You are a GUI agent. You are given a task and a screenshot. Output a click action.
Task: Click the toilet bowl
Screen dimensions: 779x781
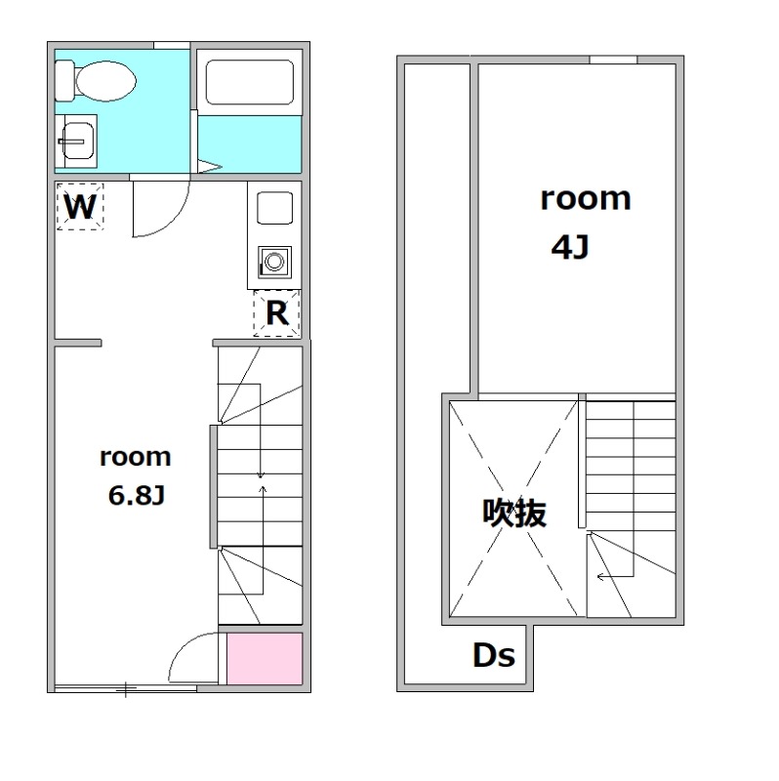click(x=105, y=81)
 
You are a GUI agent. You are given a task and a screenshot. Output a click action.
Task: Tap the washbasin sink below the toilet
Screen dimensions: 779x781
click(x=77, y=142)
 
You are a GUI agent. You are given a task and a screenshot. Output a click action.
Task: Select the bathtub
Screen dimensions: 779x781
click(x=250, y=82)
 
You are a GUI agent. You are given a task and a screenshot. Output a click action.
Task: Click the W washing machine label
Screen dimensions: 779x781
click(x=80, y=207)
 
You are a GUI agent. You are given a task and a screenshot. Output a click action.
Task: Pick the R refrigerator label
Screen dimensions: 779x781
click(x=277, y=313)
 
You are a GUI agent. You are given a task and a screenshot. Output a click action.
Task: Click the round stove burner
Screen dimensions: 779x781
click(x=274, y=261)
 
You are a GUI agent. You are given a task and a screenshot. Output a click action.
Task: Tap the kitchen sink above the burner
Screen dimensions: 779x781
click(x=274, y=208)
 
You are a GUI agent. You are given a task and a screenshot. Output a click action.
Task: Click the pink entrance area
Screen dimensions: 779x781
click(x=265, y=658)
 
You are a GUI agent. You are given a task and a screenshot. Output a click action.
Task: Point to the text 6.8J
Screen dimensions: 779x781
click(x=137, y=496)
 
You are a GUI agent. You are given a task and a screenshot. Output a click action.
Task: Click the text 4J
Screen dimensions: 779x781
click(x=570, y=247)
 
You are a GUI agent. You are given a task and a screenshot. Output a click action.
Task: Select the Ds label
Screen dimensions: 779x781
click(x=494, y=655)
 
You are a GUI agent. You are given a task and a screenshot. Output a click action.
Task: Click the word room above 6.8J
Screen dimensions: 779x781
click(x=136, y=457)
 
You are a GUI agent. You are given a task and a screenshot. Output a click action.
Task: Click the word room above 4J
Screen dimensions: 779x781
click(x=586, y=199)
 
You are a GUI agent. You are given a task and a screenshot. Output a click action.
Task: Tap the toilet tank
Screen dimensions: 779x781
click(x=64, y=81)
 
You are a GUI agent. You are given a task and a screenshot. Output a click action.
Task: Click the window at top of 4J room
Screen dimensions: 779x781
click(x=614, y=60)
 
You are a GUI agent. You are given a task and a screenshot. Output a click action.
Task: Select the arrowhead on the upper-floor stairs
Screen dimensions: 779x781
click(x=601, y=577)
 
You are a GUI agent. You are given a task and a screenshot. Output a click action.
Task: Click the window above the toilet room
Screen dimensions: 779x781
click(x=172, y=45)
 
